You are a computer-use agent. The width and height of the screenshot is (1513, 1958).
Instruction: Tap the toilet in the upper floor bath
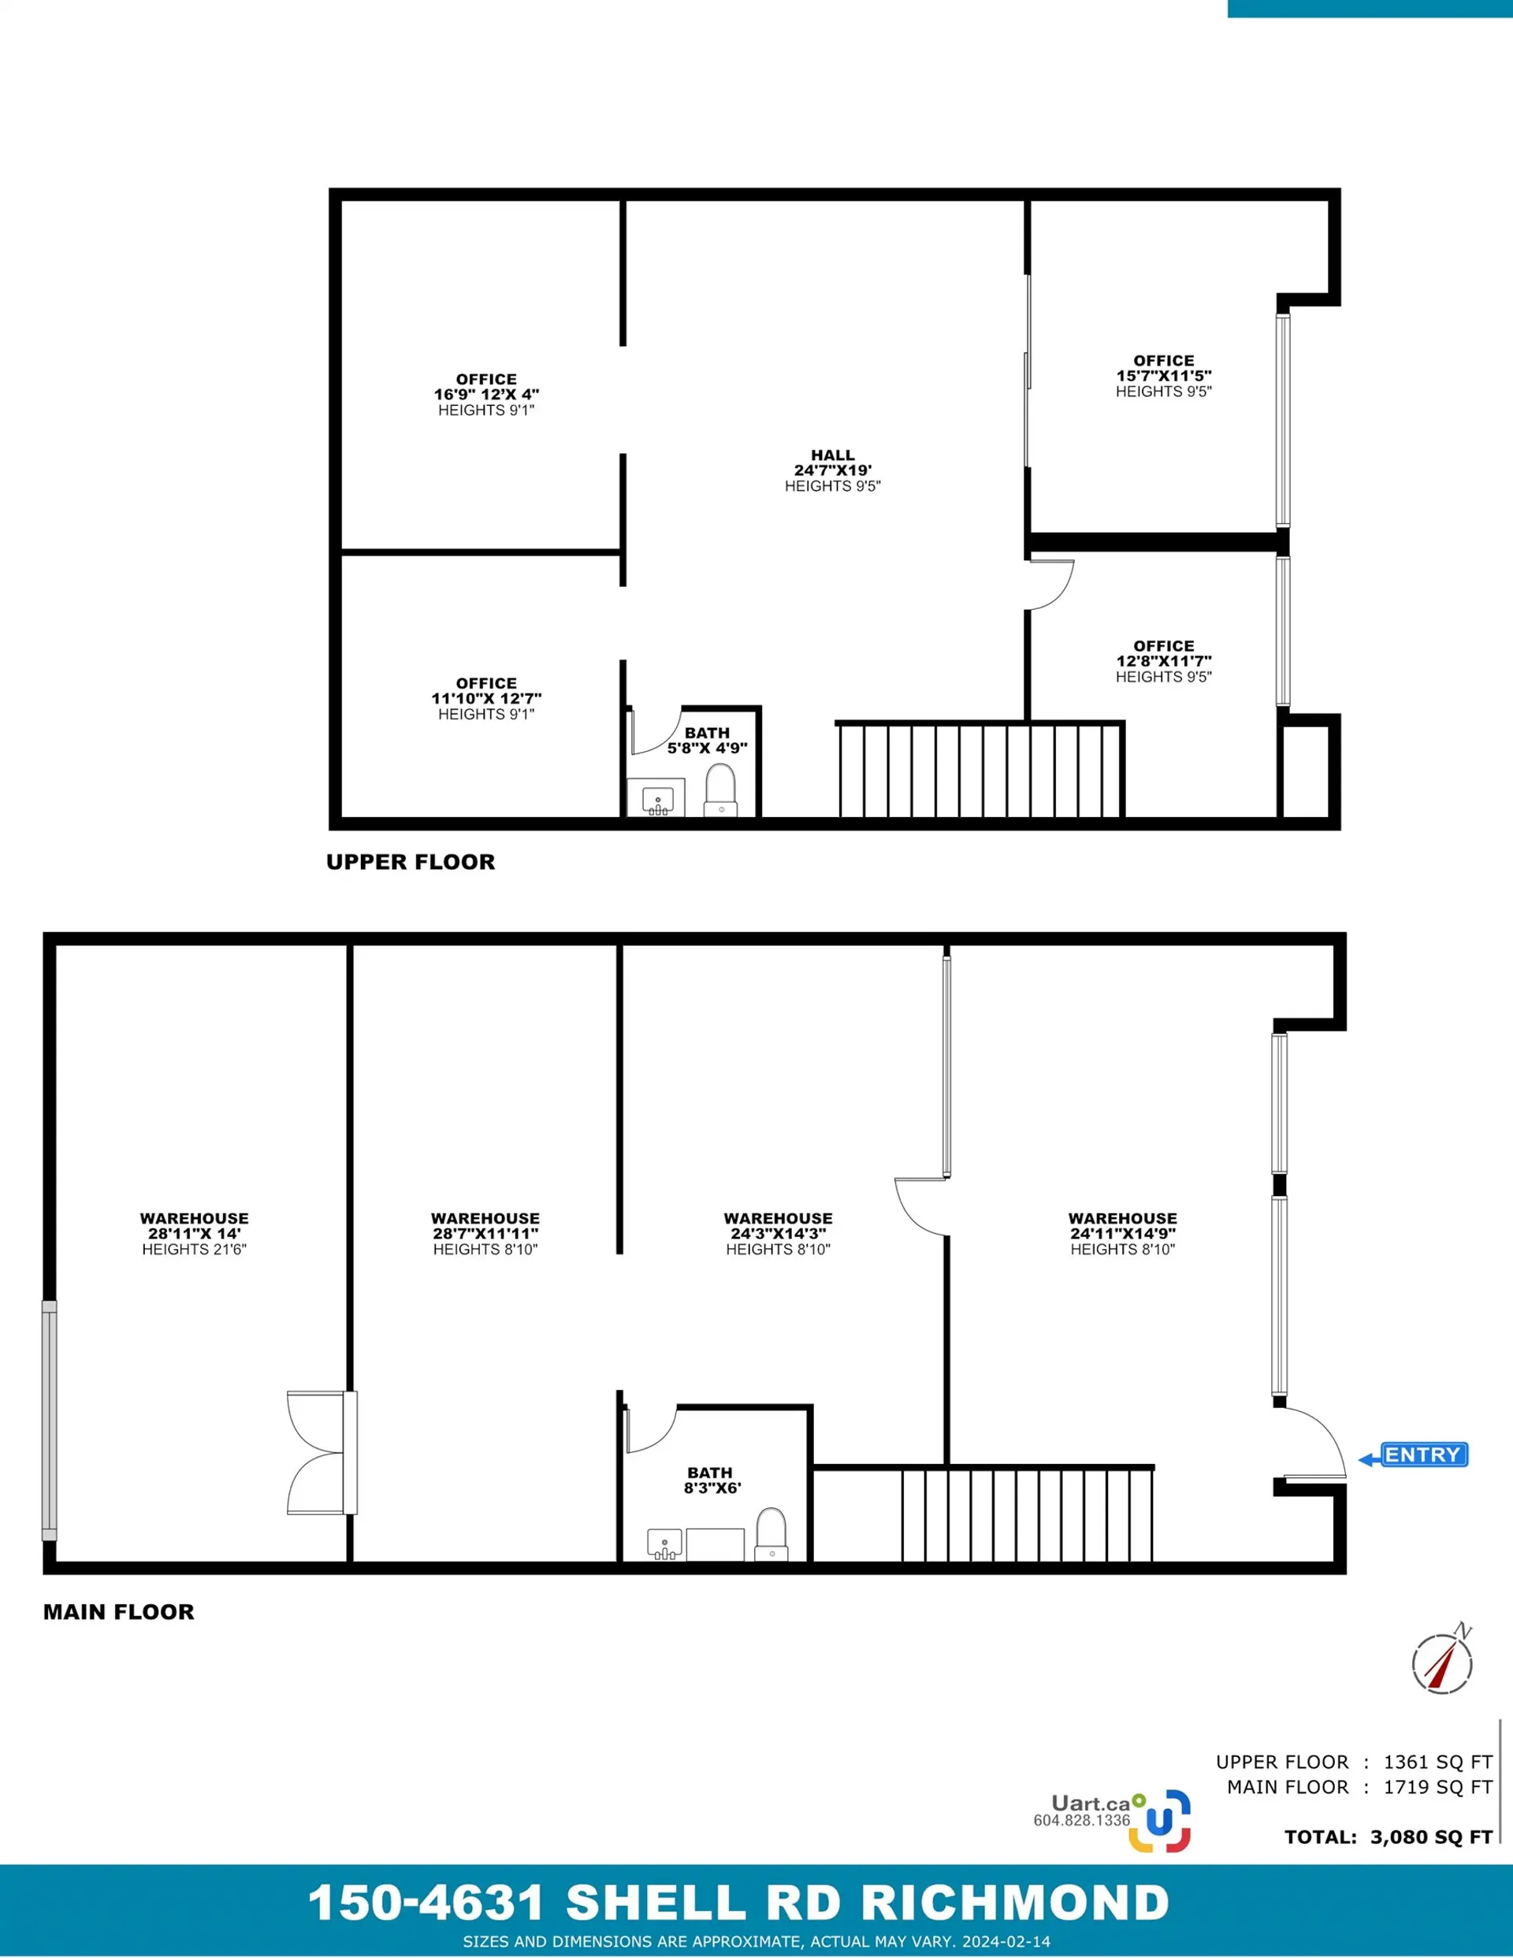720,790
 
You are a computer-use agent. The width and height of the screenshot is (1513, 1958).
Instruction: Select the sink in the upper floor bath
658,799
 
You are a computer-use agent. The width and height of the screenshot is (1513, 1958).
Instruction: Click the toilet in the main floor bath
771,1535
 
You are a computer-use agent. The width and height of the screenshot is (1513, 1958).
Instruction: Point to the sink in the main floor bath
664,1544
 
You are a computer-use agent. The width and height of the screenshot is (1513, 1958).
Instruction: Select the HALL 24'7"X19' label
832,463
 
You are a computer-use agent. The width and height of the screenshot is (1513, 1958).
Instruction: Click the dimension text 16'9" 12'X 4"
486,395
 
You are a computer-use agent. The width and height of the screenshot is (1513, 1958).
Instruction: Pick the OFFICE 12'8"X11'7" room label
1163,653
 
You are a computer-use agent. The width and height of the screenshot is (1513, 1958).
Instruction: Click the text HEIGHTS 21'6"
194,1249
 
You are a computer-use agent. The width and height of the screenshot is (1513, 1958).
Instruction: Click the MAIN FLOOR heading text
118,1612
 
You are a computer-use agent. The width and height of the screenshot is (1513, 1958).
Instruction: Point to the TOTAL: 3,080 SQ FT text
1388,1837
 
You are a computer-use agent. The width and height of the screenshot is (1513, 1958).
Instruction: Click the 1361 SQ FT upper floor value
1437,1762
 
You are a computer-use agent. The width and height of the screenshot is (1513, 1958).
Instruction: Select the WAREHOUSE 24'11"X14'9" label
1122,1225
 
